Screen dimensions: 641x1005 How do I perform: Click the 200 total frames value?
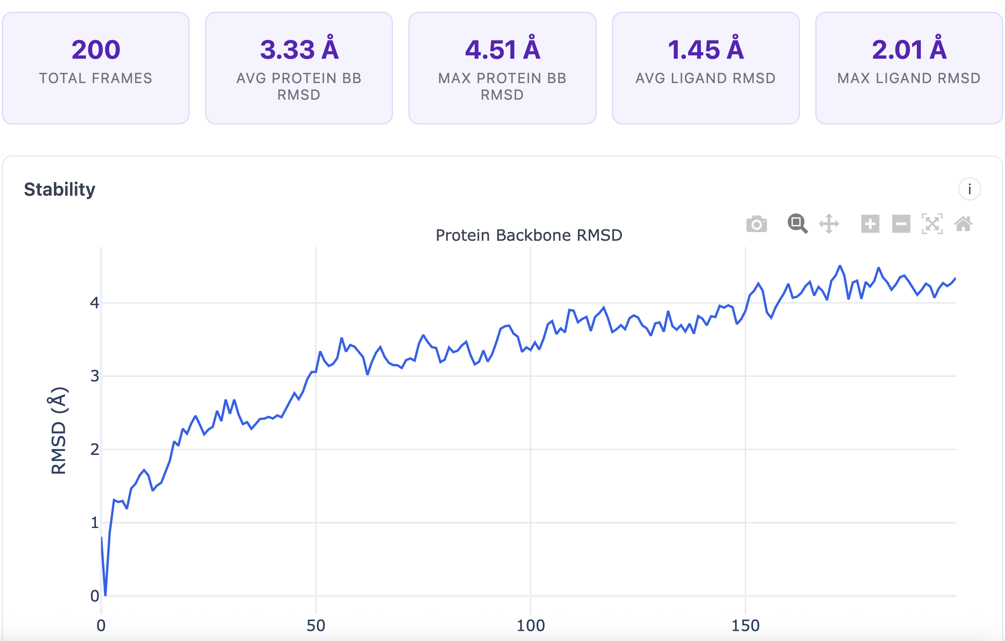click(96, 50)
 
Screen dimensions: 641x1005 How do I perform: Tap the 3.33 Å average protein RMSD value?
click(299, 50)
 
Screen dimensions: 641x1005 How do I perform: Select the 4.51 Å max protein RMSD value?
click(502, 50)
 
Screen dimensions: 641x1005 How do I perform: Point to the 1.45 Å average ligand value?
click(705, 50)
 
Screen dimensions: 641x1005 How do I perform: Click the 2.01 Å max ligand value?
click(909, 50)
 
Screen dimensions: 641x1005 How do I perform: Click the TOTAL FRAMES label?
click(96, 78)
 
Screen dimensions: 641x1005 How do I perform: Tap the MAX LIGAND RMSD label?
click(909, 78)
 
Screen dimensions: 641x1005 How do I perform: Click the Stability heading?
click(60, 189)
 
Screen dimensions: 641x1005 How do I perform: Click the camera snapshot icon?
click(756, 224)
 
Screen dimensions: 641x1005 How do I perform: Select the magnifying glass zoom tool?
click(797, 223)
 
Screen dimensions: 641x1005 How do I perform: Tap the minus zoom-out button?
click(901, 224)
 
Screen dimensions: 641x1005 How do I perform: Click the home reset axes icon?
click(963, 224)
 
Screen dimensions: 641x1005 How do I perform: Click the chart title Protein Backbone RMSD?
click(529, 235)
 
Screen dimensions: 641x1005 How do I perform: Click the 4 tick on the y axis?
click(95, 303)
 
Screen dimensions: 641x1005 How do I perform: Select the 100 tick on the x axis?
click(531, 625)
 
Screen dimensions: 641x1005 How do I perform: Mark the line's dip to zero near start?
click(105, 594)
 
